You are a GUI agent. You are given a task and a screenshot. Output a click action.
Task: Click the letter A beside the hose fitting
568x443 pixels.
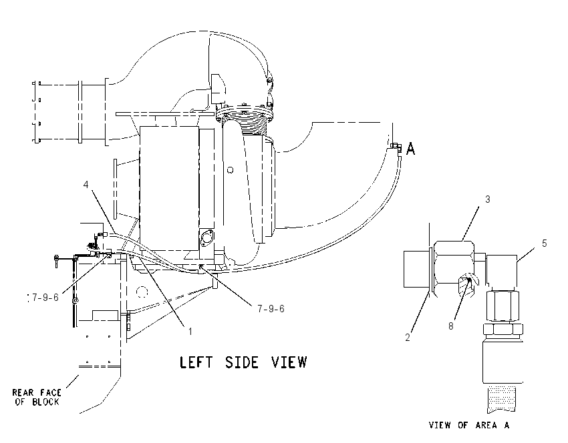pos(410,149)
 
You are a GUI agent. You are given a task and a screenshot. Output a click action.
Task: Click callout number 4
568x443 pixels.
pos(86,184)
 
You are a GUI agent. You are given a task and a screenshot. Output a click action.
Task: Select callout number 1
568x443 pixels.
pos(190,331)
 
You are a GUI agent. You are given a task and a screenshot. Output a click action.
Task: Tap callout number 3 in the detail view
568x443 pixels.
pos(488,199)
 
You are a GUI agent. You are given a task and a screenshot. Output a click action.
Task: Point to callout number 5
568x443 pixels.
pos(544,244)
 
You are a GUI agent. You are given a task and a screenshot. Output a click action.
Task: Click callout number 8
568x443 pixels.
pos(450,326)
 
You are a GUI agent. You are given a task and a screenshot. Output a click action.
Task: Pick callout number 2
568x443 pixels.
pos(408,338)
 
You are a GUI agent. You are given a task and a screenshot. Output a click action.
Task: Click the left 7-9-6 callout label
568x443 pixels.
pos(45,298)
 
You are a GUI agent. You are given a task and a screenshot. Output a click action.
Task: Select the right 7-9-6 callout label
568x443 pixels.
pos(271,308)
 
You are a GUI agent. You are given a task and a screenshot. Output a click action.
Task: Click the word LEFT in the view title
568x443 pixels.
pos(196,362)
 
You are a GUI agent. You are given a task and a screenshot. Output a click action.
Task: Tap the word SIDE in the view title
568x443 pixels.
pos(242,362)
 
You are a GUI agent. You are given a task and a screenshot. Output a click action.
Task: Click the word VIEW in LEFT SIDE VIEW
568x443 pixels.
pos(289,362)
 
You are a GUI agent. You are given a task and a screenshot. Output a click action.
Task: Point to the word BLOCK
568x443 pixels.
pos(45,402)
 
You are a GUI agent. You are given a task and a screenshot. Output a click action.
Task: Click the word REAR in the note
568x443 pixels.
pos(23,392)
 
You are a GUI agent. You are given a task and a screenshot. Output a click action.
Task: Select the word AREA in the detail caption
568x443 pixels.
pos(486,425)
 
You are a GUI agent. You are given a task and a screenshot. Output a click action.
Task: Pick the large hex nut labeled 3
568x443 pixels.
pos(454,264)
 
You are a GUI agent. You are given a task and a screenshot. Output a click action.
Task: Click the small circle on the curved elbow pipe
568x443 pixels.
pos(230,169)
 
